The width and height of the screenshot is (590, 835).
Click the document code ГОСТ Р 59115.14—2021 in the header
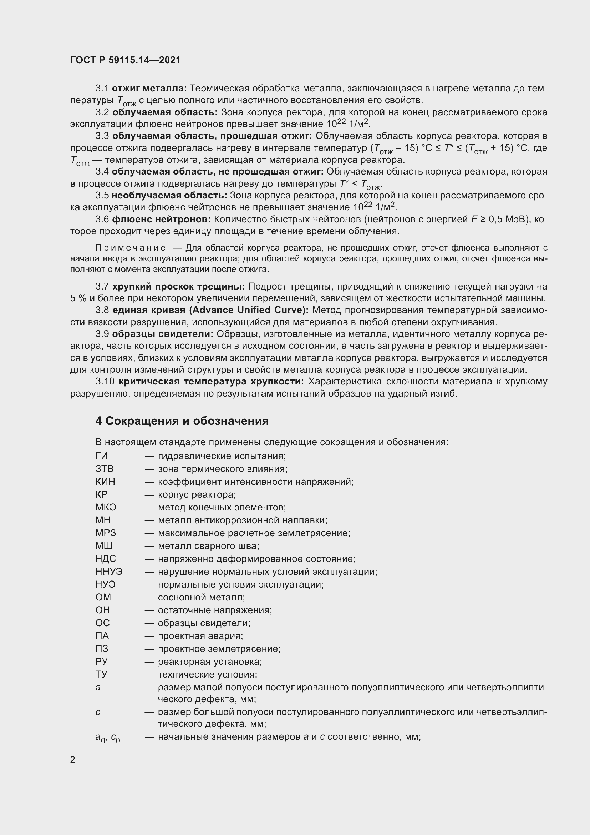(125, 60)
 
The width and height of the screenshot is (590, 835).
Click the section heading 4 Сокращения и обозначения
(182, 421)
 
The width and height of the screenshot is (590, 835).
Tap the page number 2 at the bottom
(73, 760)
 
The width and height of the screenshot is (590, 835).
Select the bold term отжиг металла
(149, 89)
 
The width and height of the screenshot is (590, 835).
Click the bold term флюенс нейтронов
(161, 220)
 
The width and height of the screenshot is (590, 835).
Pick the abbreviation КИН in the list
(105, 482)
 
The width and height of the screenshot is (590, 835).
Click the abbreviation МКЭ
(106, 507)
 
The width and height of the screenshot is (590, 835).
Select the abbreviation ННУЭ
(109, 572)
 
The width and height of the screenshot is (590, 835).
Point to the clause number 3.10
(105, 382)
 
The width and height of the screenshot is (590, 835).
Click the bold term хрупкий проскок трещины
(178, 287)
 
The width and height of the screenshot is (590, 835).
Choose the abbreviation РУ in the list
(102, 662)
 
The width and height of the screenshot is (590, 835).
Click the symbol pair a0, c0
(107, 738)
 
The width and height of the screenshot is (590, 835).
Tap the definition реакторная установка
(210, 662)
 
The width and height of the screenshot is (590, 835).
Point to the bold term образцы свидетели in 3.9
(164, 334)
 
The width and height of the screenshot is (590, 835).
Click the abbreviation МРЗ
(105, 533)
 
